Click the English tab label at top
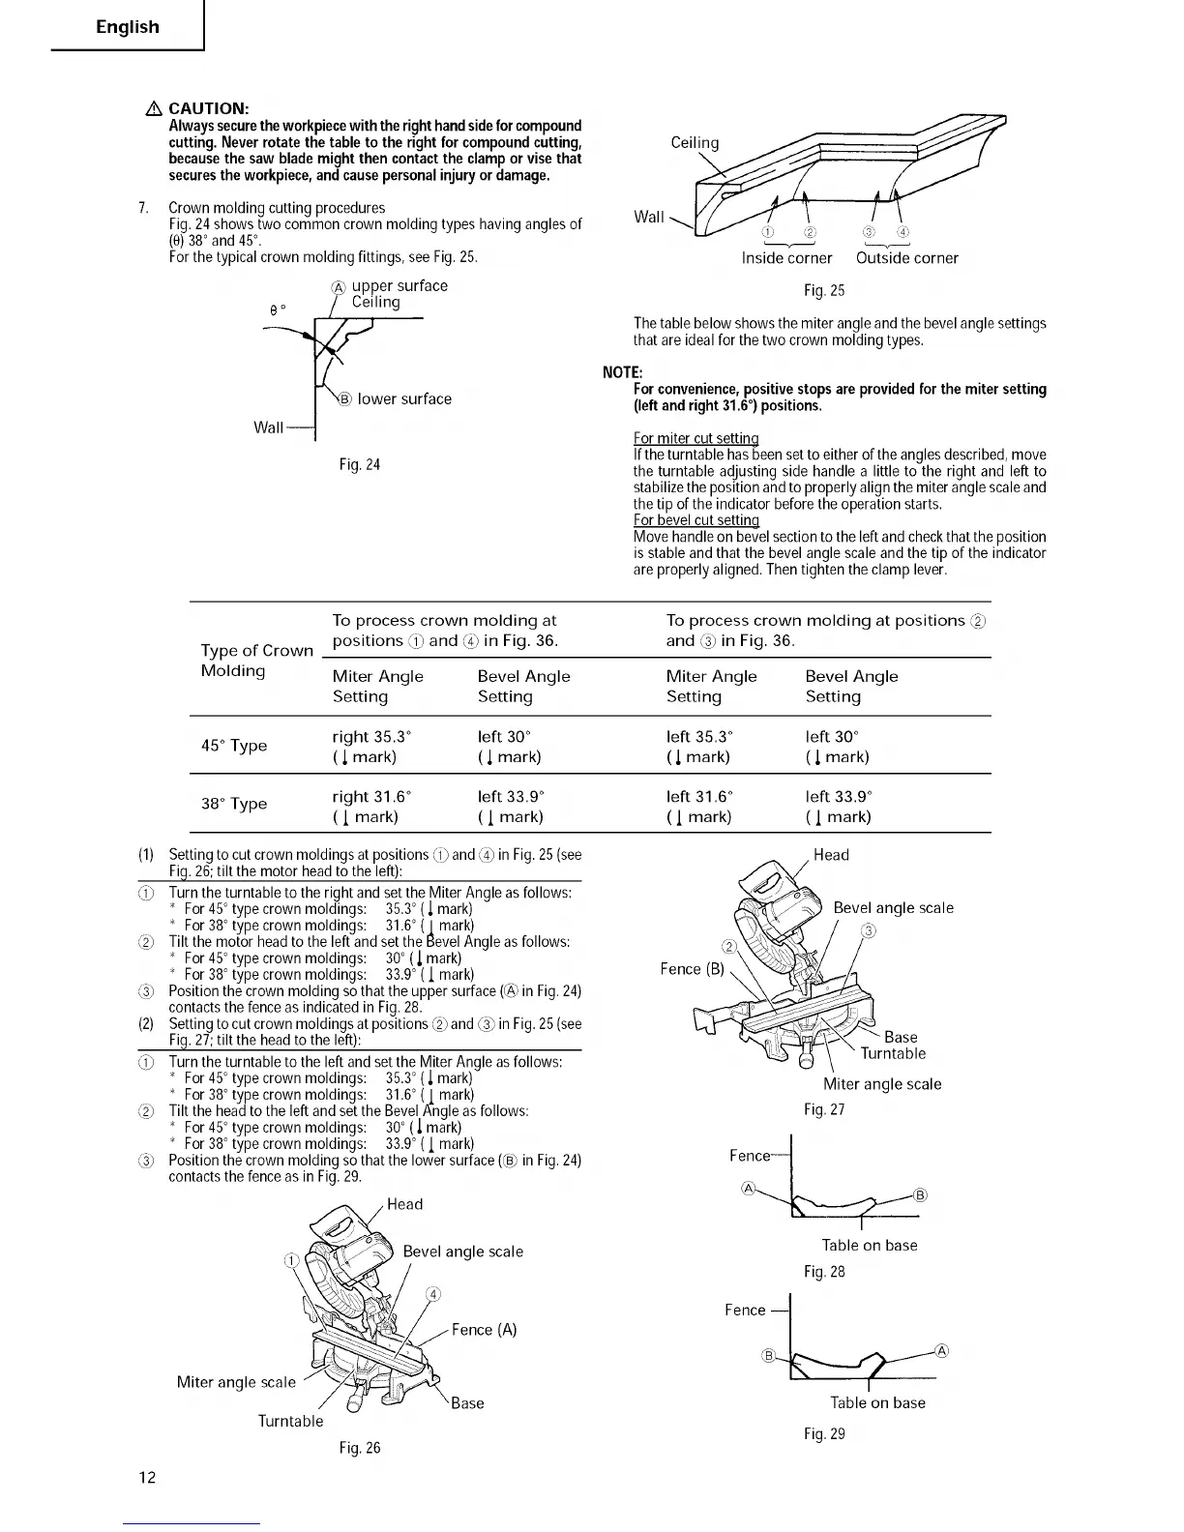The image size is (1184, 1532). click(x=127, y=27)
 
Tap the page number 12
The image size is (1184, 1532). click(x=147, y=1477)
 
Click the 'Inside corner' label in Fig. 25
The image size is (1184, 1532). click(x=786, y=258)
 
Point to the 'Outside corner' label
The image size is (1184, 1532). click(x=906, y=258)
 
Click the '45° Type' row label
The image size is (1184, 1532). click(x=234, y=746)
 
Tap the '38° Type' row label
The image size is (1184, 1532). click(x=234, y=805)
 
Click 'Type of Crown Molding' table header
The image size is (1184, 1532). click(x=256, y=661)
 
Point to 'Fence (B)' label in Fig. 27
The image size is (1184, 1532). click(x=692, y=969)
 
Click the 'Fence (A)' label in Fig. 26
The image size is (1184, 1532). click(x=484, y=1330)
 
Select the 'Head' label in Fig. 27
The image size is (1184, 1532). click(x=831, y=855)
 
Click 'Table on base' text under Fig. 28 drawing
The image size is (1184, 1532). click(x=869, y=1246)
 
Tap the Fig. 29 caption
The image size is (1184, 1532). click(x=824, y=1433)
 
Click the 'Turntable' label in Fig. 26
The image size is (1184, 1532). click(x=290, y=1421)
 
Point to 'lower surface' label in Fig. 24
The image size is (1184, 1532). click(x=404, y=399)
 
